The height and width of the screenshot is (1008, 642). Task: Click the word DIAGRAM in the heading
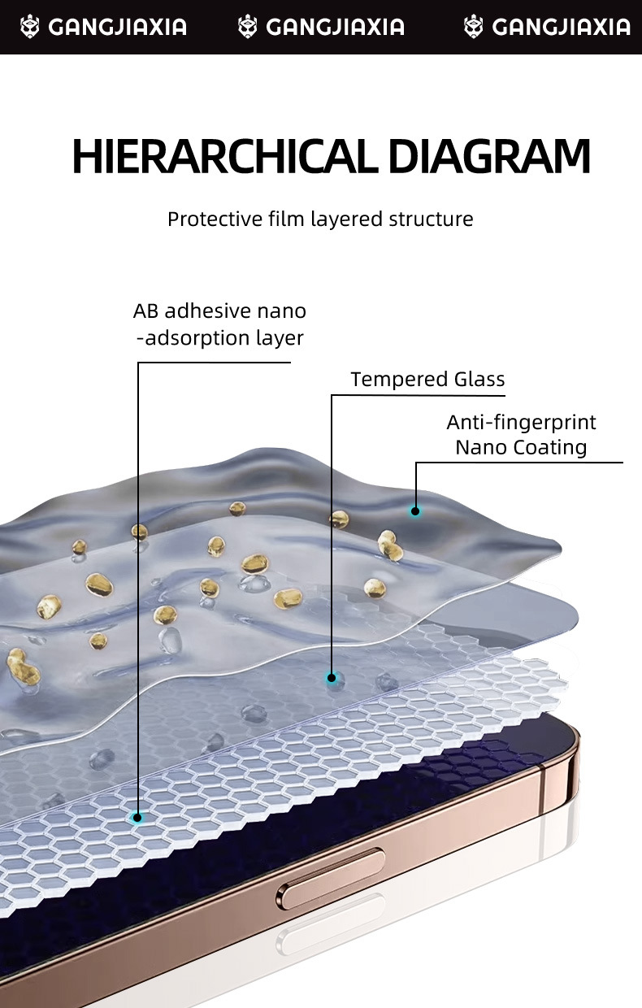tap(489, 158)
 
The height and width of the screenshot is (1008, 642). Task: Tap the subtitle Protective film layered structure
tap(320, 219)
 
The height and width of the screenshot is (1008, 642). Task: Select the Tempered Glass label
tap(427, 380)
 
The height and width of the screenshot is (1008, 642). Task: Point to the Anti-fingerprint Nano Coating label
tap(521, 435)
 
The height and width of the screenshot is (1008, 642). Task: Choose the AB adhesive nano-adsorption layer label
tap(219, 324)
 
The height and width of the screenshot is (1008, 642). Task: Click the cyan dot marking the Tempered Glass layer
tap(332, 677)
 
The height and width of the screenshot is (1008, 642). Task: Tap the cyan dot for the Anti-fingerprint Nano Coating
tap(415, 511)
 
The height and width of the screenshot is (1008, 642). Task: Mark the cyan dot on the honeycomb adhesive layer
tap(138, 818)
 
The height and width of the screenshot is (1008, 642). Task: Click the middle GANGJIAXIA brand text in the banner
tap(335, 28)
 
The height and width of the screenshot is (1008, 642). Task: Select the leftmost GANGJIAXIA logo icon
tap(29, 28)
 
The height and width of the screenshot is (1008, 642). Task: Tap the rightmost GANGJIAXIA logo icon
tap(473, 28)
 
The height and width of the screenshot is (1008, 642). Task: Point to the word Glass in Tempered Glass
tap(479, 380)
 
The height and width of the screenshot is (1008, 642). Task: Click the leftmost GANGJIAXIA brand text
tap(117, 28)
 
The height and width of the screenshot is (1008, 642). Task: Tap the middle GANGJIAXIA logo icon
tap(247, 28)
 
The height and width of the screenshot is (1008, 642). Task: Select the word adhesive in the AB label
tap(208, 311)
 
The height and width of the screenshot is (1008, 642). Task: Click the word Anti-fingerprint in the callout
tap(521, 423)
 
